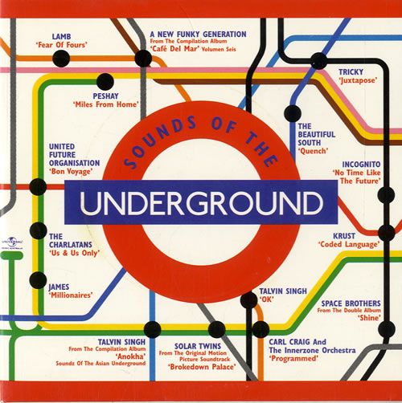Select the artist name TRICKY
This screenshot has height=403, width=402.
tap(351, 71)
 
